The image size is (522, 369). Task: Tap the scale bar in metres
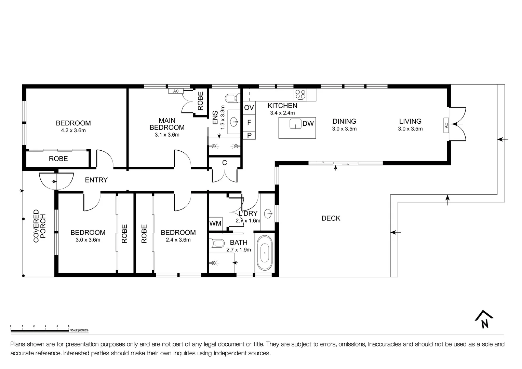pyautogui.click(x=40, y=330)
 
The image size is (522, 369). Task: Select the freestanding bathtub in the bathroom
pyautogui.click(x=265, y=253)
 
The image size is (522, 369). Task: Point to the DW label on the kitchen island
pyautogui.click(x=308, y=124)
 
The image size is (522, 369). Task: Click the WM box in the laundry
pyautogui.click(x=215, y=223)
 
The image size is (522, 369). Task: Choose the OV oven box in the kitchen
pyautogui.click(x=249, y=108)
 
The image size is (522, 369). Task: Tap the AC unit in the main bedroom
pyautogui.click(x=176, y=91)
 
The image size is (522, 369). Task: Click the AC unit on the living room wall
pyautogui.click(x=446, y=125)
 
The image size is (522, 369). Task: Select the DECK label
pyautogui.click(x=331, y=218)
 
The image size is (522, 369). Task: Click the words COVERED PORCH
pyautogui.click(x=39, y=226)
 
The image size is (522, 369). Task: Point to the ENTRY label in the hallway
pyautogui.click(x=96, y=180)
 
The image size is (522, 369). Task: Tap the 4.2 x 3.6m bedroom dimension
pyautogui.click(x=73, y=131)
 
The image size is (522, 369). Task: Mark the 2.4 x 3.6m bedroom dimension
pyautogui.click(x=178, y=240)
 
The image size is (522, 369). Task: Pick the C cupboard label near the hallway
pyautogui.click(x=225, y=163)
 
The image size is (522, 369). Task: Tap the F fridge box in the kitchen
pyautogui.click(x=249, y=122)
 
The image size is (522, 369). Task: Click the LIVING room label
pyautogui.click(x=410, y=121)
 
